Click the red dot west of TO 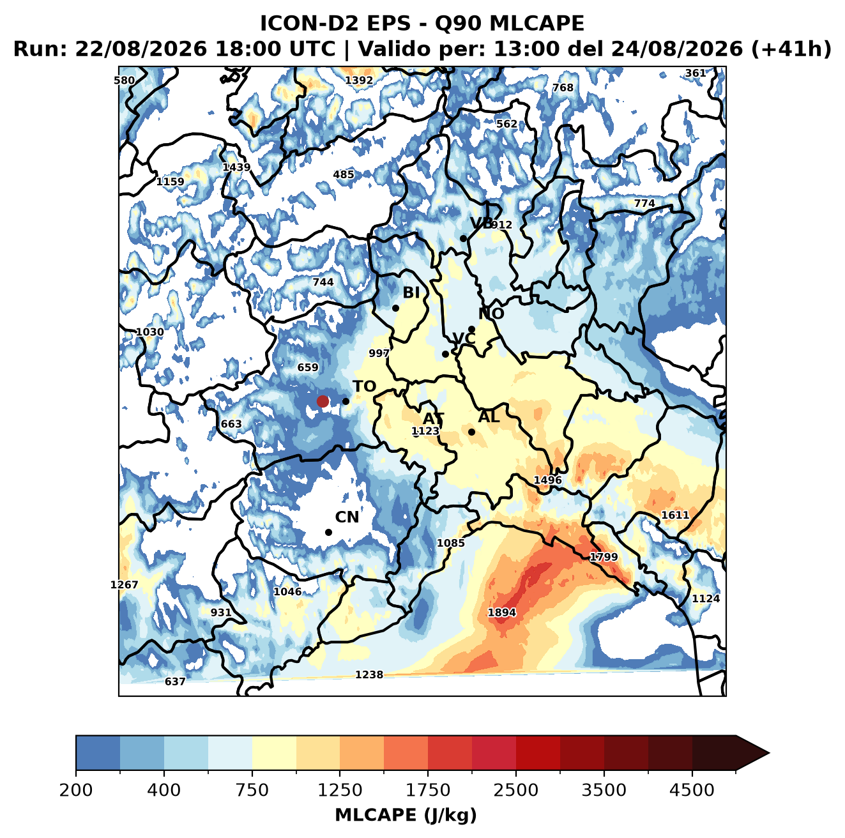tap(323, 401)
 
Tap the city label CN tap(347, 517)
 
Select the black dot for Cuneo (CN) tap(328, 532)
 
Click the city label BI tap(411, 293)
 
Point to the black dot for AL tap(471, 432)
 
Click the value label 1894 tap(501, 612)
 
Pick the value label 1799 tap(604, 557)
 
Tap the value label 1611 tap(675, 515)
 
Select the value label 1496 tap(547, 480)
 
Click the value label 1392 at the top tap(359, 80)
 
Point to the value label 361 tap(696, 73)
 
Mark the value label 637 tap(175, 682)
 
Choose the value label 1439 tap(236, 167)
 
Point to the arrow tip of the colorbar tap(769, 754)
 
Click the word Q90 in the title tap(457, 23)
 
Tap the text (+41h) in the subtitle tap(791, 49)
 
